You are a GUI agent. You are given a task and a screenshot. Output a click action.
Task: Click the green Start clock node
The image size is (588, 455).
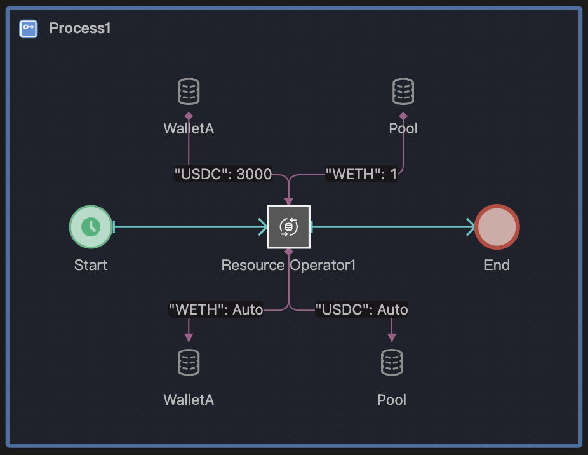coord(90,226)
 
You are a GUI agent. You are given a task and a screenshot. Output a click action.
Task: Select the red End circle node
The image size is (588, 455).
coord(497,226)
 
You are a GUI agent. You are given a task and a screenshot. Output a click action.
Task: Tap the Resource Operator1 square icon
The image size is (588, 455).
coord(288,226)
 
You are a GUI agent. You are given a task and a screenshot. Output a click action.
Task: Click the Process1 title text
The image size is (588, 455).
coord(80,28)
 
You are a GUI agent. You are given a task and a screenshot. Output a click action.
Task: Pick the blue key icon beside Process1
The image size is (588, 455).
coord(29,28)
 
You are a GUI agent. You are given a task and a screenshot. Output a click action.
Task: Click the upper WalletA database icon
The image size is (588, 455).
coord(189,92)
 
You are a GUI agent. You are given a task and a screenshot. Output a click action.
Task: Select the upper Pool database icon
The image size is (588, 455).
coord(403,92)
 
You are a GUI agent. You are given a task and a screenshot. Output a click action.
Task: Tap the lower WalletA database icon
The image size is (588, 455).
coord(189,362)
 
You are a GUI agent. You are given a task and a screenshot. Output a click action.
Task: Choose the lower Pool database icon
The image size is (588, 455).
coord(392,362)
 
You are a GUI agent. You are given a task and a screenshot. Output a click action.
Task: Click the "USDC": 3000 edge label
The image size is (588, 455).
coord(223,174)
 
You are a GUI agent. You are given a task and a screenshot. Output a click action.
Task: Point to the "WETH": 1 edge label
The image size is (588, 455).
coord(361,174)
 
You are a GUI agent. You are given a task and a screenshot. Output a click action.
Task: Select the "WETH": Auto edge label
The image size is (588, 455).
coord(216,309)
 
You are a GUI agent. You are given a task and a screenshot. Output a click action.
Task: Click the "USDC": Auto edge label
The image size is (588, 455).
coord(362,309)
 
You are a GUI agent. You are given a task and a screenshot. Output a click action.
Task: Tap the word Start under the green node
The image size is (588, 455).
coord(91,265)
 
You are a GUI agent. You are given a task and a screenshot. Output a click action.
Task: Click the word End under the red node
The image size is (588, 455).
coord(497,265)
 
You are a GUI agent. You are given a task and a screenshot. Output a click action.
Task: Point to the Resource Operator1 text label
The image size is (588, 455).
coord(288,265)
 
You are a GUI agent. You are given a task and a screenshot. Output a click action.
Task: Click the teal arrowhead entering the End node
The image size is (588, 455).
coord(471,226)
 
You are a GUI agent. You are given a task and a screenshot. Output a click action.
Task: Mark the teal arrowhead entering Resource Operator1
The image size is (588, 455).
coord(262,226)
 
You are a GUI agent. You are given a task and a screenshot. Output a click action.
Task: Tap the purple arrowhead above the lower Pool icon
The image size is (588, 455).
coord(392,337)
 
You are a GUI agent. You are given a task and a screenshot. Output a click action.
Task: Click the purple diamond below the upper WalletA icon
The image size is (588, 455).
coord(189,116)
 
